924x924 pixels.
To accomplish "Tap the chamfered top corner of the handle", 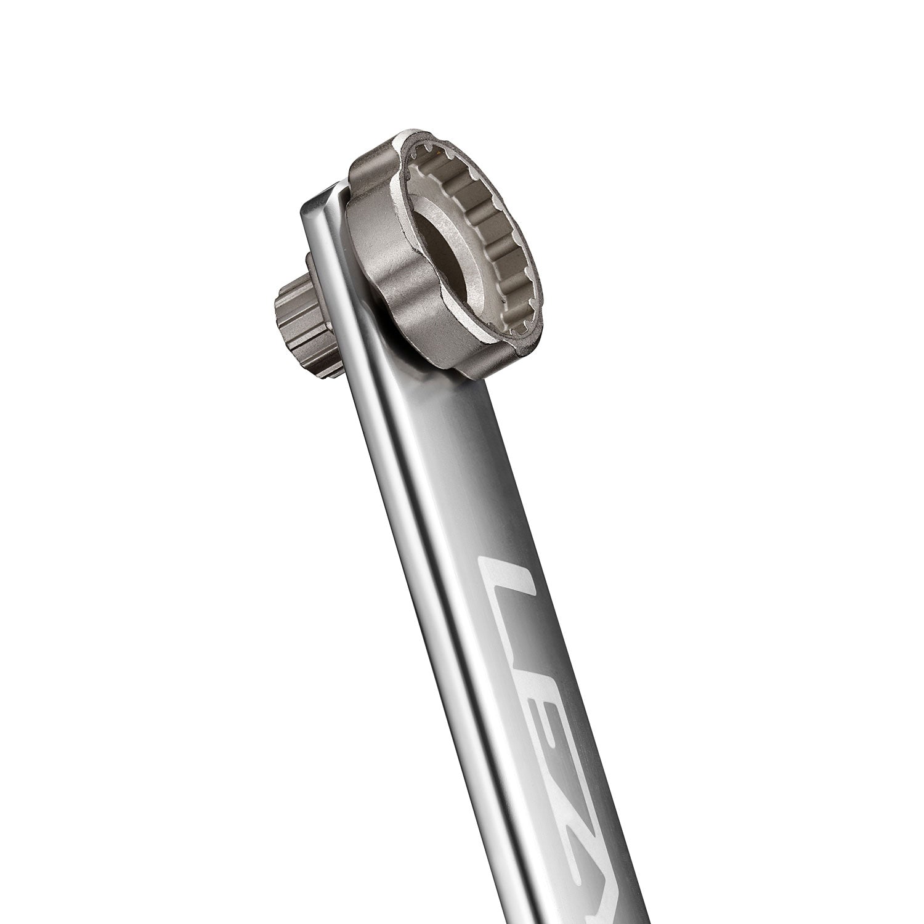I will coord(320,200).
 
